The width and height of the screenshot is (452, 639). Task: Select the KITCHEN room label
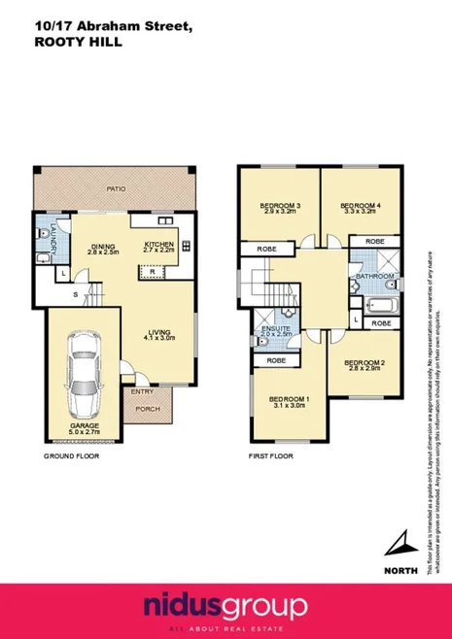click(159, 244)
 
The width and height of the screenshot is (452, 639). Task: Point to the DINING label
click(103, 247)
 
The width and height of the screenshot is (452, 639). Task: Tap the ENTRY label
click(142, 391)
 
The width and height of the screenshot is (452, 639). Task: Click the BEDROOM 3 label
click(279, 205)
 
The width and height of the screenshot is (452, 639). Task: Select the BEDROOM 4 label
click(360, 205)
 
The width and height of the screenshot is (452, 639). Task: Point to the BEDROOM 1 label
click(289, 401)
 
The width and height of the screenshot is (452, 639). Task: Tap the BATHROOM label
click(374, 277)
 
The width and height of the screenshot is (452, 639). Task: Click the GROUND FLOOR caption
click(71, 454)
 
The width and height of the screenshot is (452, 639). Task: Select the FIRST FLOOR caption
click(271, 454)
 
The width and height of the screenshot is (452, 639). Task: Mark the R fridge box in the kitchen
click(154, 271)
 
